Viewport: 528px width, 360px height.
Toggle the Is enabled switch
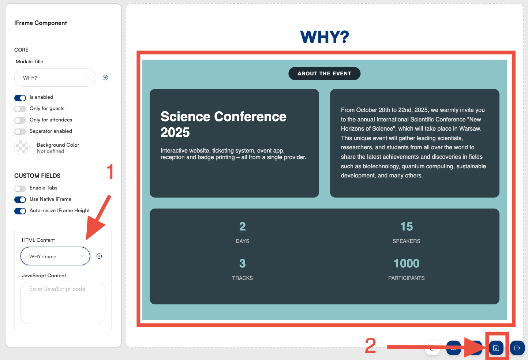[x=20, y=98]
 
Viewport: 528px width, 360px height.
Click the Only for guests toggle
[x=20, y=109]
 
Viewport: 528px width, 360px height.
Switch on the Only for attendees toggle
[x=20, y=120]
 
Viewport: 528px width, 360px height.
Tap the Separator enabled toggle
[x=20, y=132]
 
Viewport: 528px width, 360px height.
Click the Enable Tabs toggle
[x=20, y=188]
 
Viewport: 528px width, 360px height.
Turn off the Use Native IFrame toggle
[x=20, y=200]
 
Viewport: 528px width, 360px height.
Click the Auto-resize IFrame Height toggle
[x=20, y=211]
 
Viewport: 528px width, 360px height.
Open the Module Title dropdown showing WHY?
[x=55, y=78]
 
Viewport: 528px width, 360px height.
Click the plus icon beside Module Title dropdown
[x=105, y=78]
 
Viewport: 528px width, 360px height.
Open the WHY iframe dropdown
[x=55, y=256]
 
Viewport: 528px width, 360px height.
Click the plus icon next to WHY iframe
[x=99, y=256]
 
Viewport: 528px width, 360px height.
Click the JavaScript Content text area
[x=63, y=303]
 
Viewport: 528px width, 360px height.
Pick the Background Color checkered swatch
[x=22, y=147]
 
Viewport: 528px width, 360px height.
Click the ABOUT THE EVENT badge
[x=324, y=74]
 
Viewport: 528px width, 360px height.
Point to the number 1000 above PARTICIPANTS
[x=407, y=263]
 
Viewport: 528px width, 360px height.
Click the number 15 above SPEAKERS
[x=407, y=226]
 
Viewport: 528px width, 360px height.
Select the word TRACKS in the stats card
[x=242, y=278]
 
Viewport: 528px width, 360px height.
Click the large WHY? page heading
[x=324, y=37]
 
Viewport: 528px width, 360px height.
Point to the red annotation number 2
[x=370, y=345]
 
